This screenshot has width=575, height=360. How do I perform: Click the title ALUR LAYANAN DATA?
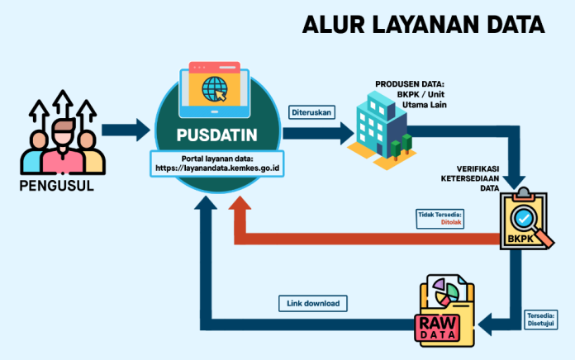tap(423, 25)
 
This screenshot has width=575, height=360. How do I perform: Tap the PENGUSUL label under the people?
tap(56, 185)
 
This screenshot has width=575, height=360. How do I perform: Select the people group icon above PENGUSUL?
tap(63, 136)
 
